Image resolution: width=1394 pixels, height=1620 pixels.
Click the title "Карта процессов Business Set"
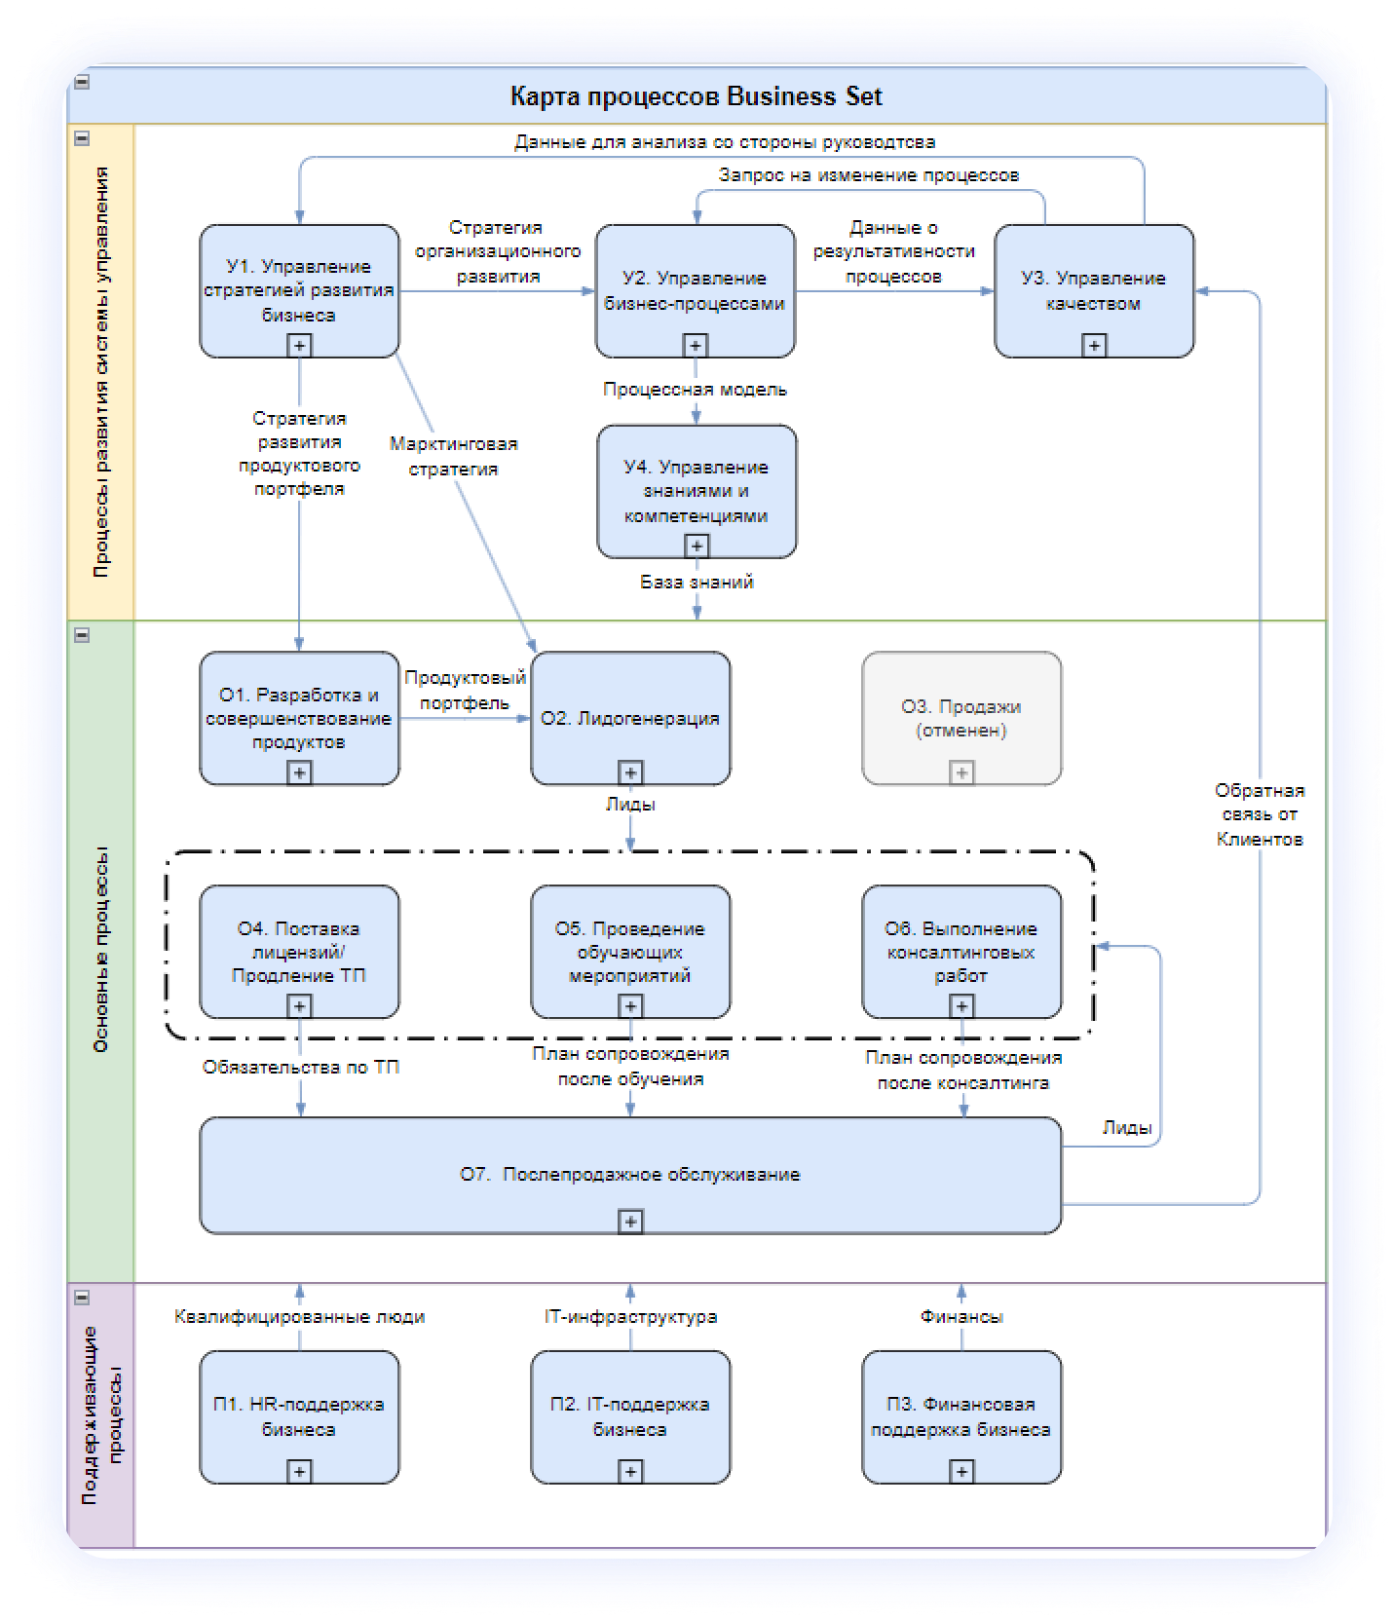696,96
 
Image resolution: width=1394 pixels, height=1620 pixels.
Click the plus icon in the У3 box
1094,345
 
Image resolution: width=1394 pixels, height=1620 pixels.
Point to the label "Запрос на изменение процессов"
868,175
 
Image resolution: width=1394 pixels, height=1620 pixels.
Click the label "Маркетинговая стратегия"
453,456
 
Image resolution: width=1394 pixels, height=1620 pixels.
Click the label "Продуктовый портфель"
465,690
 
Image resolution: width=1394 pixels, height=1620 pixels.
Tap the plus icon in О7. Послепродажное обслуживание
630,1221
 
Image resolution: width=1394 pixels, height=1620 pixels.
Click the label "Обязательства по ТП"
300,1068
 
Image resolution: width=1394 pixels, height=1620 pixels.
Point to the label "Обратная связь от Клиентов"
1259,814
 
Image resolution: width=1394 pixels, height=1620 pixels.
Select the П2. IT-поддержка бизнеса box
630,1415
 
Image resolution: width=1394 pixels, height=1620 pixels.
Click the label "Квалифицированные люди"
299,1317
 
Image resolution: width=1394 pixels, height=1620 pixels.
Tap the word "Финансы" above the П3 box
961,1317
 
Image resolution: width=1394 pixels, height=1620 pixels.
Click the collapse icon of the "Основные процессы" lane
82,635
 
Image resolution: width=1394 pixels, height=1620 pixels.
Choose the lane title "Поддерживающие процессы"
101,1414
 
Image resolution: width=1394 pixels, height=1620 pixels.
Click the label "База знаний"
697,583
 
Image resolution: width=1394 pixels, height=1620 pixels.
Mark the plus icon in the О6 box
961,1006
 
